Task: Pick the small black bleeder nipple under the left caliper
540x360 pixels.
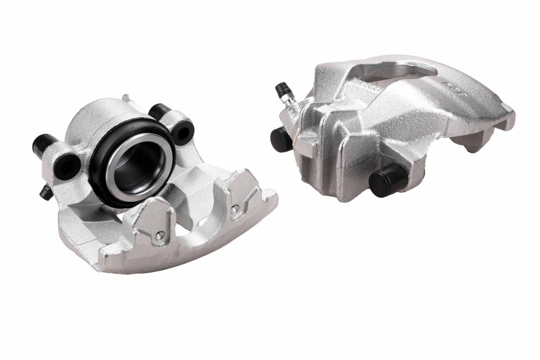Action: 45,193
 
